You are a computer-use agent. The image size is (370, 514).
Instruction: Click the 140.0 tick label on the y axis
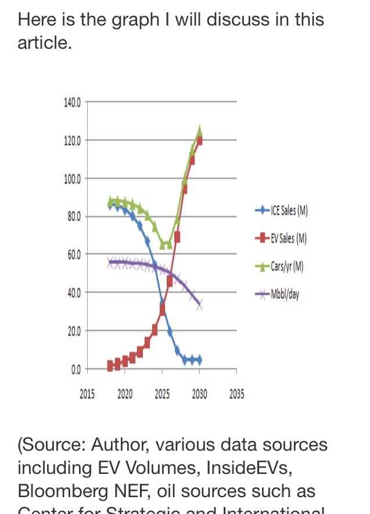pyautogui.click(x=73, y=102)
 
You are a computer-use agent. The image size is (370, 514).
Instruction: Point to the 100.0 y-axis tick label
pyautogui.click(x=73, y=178)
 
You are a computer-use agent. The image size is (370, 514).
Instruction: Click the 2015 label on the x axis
pyautogui.click(x=87, y=395)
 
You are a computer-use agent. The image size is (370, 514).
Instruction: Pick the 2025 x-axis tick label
pyautogui.click(x=162, y=395)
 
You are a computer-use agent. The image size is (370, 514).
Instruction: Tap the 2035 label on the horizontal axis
pyautogui.click(x=236, y=395)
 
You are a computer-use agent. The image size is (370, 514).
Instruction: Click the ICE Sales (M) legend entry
pyautogui.click(x=289, y=210)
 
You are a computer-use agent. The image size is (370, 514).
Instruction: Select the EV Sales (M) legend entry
pyautogui.click(x=288, y=238)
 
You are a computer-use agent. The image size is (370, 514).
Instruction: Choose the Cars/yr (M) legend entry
pyautogui.click(x=287, y=267)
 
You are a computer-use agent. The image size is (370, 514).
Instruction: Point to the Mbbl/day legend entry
pyautogui.click(x=285, y=294)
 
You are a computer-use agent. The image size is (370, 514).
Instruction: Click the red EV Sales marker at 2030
pyautogui.click(x=199, y=140)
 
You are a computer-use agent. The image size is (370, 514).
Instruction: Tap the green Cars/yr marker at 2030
pyautogui.click(x=199, y=131)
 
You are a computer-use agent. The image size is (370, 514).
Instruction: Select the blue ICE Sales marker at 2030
pyautogui.click(x=199, y=360)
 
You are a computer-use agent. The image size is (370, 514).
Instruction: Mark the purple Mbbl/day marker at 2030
pyautogui.click(x=199, y=304)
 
